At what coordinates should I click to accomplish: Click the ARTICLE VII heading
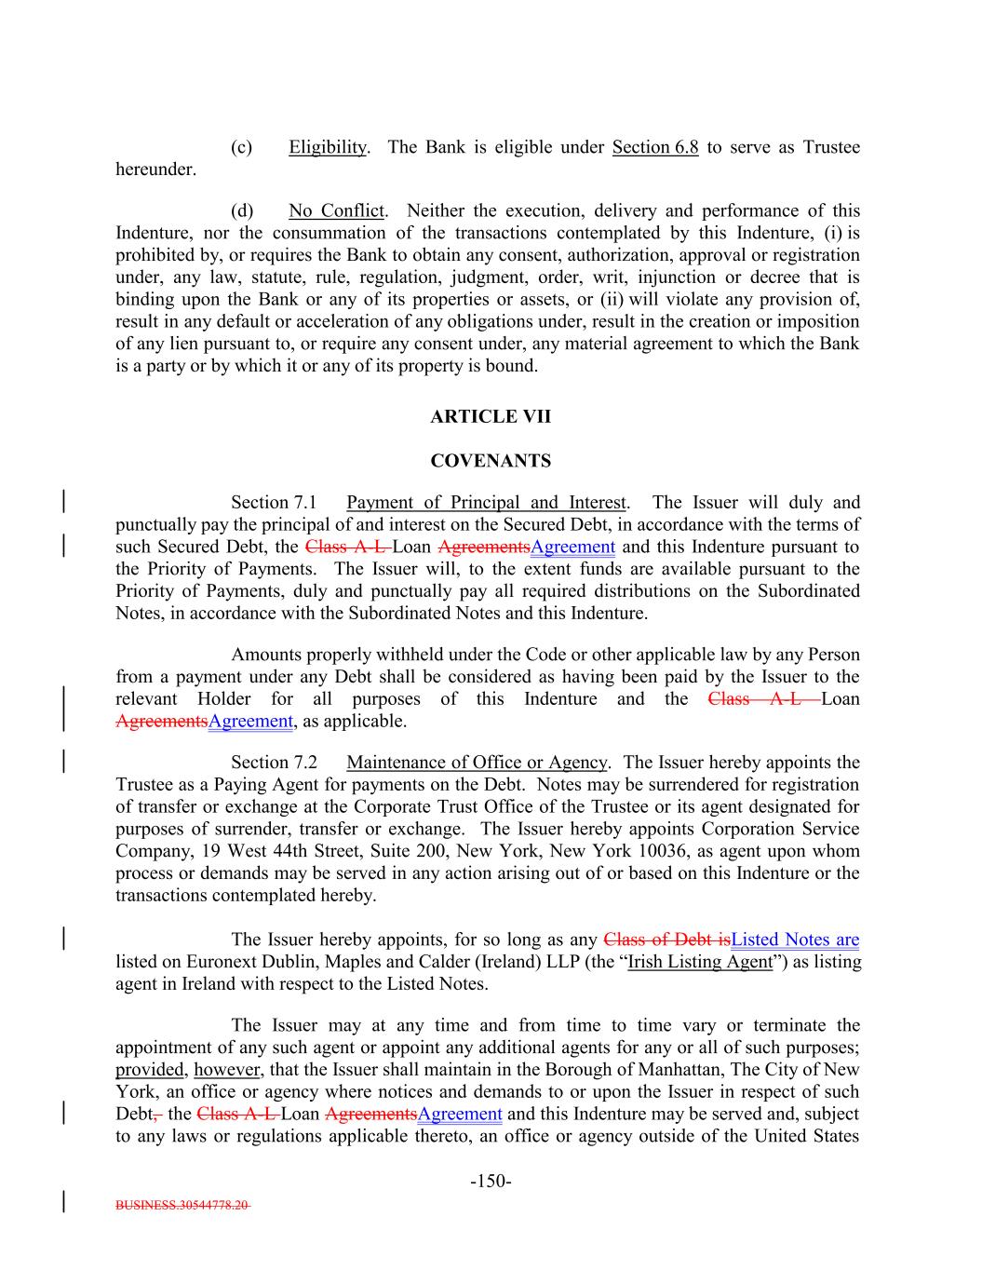coord(490,417)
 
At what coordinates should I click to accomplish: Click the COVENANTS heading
coord(490,461)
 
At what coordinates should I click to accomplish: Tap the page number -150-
coord(491,1182)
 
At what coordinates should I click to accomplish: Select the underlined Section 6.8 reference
coord(655,147)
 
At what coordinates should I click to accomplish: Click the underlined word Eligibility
coord(328,147)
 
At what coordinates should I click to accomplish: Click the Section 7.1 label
coord(275,503)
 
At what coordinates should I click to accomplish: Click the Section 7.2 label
coord(275,763)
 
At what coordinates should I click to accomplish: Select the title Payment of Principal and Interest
coord(487,503)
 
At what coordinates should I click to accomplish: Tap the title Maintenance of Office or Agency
coord(477,763)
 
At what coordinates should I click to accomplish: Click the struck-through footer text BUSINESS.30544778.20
coord(182,1205)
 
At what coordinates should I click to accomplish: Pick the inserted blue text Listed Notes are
coord(795,940)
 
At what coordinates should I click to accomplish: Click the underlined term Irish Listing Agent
coord(700,962)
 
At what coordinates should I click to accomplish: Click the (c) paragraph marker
coord(241,147)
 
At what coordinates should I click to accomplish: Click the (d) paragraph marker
coord(241,210)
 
